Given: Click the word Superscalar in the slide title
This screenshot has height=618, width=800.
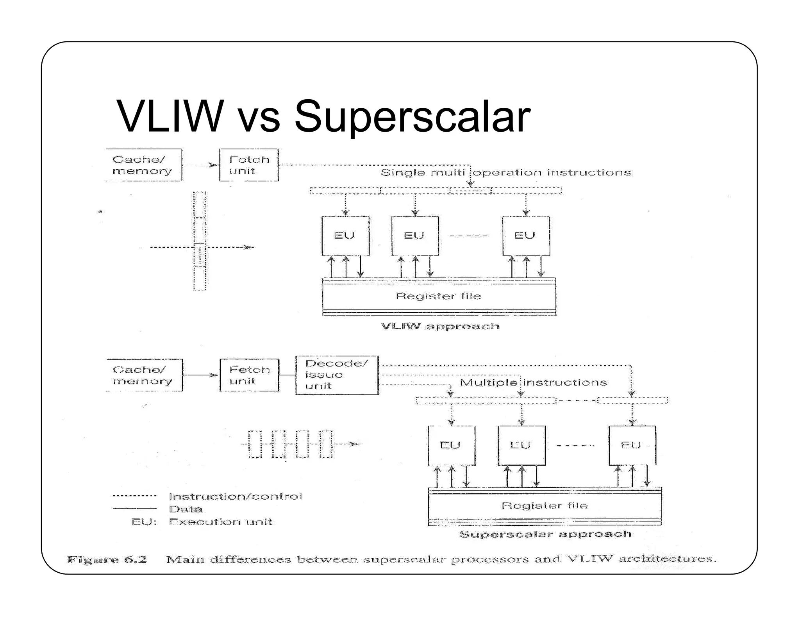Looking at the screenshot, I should [x=412, y=116].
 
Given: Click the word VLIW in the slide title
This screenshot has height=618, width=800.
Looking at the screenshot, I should [x=170, y=116].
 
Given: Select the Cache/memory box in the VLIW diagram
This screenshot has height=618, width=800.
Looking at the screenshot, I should [x=143, y=165].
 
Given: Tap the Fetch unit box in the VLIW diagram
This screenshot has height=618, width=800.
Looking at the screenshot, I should [x=249, y=165].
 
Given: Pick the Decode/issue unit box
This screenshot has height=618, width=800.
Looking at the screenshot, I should [x=337, y=375].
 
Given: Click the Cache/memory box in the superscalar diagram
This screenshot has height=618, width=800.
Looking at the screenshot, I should [x=144, y=375].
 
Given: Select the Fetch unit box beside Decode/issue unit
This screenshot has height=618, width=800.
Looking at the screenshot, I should [x=249, y=375].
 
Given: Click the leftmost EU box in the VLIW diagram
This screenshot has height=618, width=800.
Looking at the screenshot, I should [x=345, y=236].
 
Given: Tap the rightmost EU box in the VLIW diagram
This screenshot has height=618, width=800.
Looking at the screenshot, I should [x=525, y=236].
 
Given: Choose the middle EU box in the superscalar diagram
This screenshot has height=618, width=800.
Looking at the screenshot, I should [x=521, y=445].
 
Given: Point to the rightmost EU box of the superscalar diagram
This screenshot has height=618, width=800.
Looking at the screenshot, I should [x=632, y=445].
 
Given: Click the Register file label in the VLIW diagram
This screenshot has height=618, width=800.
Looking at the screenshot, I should [x=438, y=296].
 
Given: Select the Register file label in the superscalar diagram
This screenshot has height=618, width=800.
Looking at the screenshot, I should [x=545, y=506].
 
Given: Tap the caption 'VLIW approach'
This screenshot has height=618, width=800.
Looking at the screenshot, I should [x=440, y=326].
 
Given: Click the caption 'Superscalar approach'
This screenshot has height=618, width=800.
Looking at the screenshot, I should [x=545, y=534].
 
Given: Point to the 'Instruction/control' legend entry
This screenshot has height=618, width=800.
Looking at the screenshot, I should [x=235, y=497].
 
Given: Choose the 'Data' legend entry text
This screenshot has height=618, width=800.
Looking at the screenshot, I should [x=186, y=509].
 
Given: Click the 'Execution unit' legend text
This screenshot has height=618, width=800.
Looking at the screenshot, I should [x=221, y=522].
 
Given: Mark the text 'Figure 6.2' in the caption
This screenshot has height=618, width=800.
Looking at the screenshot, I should [x=107, y=559].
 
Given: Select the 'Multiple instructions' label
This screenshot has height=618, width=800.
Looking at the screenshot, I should [x=533, y=382].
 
